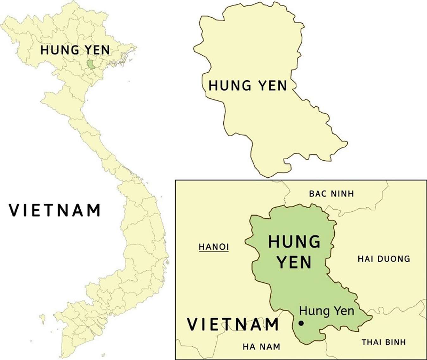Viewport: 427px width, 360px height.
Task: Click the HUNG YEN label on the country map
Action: (x=75, y=50)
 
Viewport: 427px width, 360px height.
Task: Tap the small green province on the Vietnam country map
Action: (x=91, y=64)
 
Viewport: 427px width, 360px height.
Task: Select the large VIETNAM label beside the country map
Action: (x=55, y=211)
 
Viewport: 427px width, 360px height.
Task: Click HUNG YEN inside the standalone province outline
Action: (x=248, y=86)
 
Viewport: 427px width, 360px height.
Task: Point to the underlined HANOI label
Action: (x=213, y=247)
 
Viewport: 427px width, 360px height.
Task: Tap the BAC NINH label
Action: (x=331, y=193)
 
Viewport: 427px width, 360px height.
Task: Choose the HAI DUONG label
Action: (x=384, y=259)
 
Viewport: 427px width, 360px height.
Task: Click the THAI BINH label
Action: (x=384, y=342)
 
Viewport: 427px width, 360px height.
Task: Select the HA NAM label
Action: (x=261, y=347)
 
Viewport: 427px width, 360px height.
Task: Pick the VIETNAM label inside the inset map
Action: (x=233, y=324)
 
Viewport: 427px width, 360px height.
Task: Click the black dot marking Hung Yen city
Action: (x=301, y=323)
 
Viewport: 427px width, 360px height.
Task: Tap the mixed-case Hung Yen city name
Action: (x=326, y=311)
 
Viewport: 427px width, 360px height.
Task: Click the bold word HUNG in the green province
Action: (x=294, y=242)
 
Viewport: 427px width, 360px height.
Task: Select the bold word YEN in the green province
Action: (x=294, y=262)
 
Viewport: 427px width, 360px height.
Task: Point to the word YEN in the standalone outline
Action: (x=272, y=86)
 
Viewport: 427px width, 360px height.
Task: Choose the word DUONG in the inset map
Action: (x=394, y=259)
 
